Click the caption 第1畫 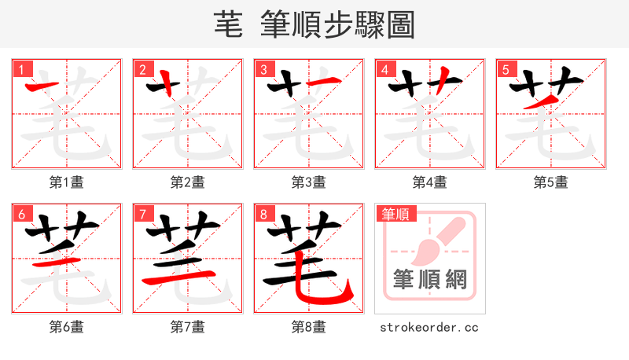pos(67,182)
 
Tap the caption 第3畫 pos(309,182)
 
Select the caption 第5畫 pos(551,182)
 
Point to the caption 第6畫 pos(67,327)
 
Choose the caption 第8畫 pos(309,327)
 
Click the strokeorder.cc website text pos(429,327)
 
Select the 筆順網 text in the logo pos(429,279)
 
